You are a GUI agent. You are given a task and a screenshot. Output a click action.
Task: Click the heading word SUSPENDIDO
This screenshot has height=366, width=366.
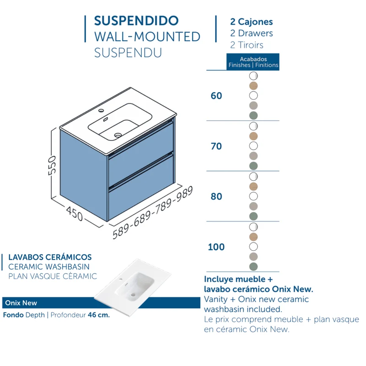click(136, 21)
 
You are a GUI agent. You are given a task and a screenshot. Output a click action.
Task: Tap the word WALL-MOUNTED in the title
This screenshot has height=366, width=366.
click(147, 37)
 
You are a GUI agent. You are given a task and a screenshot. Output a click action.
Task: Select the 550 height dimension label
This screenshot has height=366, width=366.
click(52, 165)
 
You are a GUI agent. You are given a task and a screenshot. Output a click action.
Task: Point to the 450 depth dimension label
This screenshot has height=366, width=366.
click(75, 214)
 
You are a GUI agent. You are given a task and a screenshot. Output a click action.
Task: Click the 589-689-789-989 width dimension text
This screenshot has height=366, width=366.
click(153, 213)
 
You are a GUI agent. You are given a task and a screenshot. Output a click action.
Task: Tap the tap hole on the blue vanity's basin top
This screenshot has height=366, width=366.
click(101, 110)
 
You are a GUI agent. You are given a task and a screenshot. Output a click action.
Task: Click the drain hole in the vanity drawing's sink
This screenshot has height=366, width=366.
click(118, 135)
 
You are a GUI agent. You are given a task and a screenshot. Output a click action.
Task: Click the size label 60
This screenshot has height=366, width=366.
click(216, 96)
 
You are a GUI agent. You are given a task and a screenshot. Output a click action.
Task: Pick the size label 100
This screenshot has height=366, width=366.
click(216, 247)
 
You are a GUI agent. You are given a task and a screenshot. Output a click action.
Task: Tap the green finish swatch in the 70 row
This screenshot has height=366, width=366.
click(253, 166)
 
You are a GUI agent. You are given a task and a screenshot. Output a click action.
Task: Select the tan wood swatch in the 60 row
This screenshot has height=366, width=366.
click(253, 86)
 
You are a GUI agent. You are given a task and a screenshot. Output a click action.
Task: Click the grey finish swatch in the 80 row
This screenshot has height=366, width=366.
click(253, 206)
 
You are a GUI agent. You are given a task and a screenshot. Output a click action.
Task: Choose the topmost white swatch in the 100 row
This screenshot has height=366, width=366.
click(253, 227)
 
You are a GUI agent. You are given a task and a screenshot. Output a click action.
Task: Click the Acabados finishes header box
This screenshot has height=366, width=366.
click(253, 62)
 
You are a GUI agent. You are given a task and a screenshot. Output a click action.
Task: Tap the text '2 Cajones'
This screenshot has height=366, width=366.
click(251, 22)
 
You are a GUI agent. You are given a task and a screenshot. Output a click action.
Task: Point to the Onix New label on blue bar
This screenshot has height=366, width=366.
click(21, 303)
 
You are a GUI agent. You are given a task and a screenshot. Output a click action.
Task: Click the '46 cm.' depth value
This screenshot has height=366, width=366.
click(99, 315)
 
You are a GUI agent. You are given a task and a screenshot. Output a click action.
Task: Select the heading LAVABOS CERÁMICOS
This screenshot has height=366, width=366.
click(50, 257)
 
